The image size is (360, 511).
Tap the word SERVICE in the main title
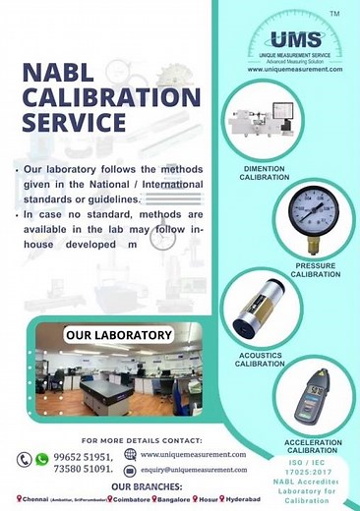pos(74,123)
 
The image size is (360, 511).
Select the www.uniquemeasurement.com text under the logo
pos(294,70)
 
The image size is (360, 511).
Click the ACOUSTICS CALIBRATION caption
pos(259,359)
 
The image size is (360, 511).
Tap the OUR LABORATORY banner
pos(118,335)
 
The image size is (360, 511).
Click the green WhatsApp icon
pos(41,459)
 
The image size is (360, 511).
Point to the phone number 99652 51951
pos(84,456)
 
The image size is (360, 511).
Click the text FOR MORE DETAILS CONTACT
pos(142,440)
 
